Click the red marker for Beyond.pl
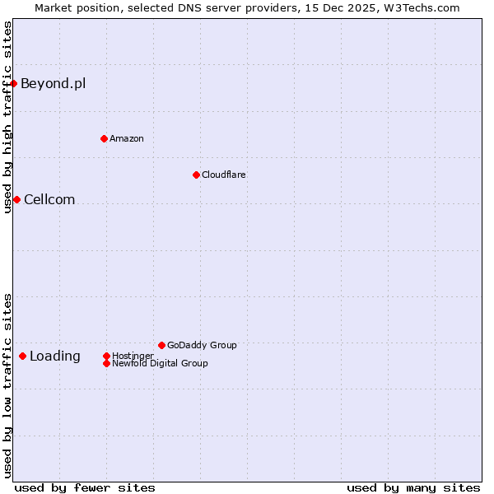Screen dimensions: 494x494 tap(14, 83)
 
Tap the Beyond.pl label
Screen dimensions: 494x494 tap(53, 83)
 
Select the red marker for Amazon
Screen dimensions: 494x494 tap(104, 138)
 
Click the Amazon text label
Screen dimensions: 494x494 tap(127, 138)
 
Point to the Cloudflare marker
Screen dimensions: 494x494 tap(196, 175)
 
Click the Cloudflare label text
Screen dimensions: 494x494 tap(223, 175)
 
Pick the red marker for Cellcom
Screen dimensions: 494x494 tap(16, 199)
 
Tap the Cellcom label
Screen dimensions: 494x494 tap(49, 199)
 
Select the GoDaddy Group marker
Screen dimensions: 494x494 tap(161, 345)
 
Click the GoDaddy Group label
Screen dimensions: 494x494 tap(202, 345)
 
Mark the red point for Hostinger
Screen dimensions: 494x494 tap(106, 356)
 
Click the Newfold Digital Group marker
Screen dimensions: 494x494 tap(106, 363)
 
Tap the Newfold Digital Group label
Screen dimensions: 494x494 tap(160, 363)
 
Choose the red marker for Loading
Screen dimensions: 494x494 tap(22, 356)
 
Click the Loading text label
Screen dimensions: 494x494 tap(55, 356)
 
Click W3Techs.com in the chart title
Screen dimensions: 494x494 tap(419, 7)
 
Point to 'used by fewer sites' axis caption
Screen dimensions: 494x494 tap(85, 487)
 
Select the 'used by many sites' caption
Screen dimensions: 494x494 tap(413, 487)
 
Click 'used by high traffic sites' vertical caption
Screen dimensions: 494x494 tap(7, 117)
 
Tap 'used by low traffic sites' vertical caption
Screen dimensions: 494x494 tap(7, 384)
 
